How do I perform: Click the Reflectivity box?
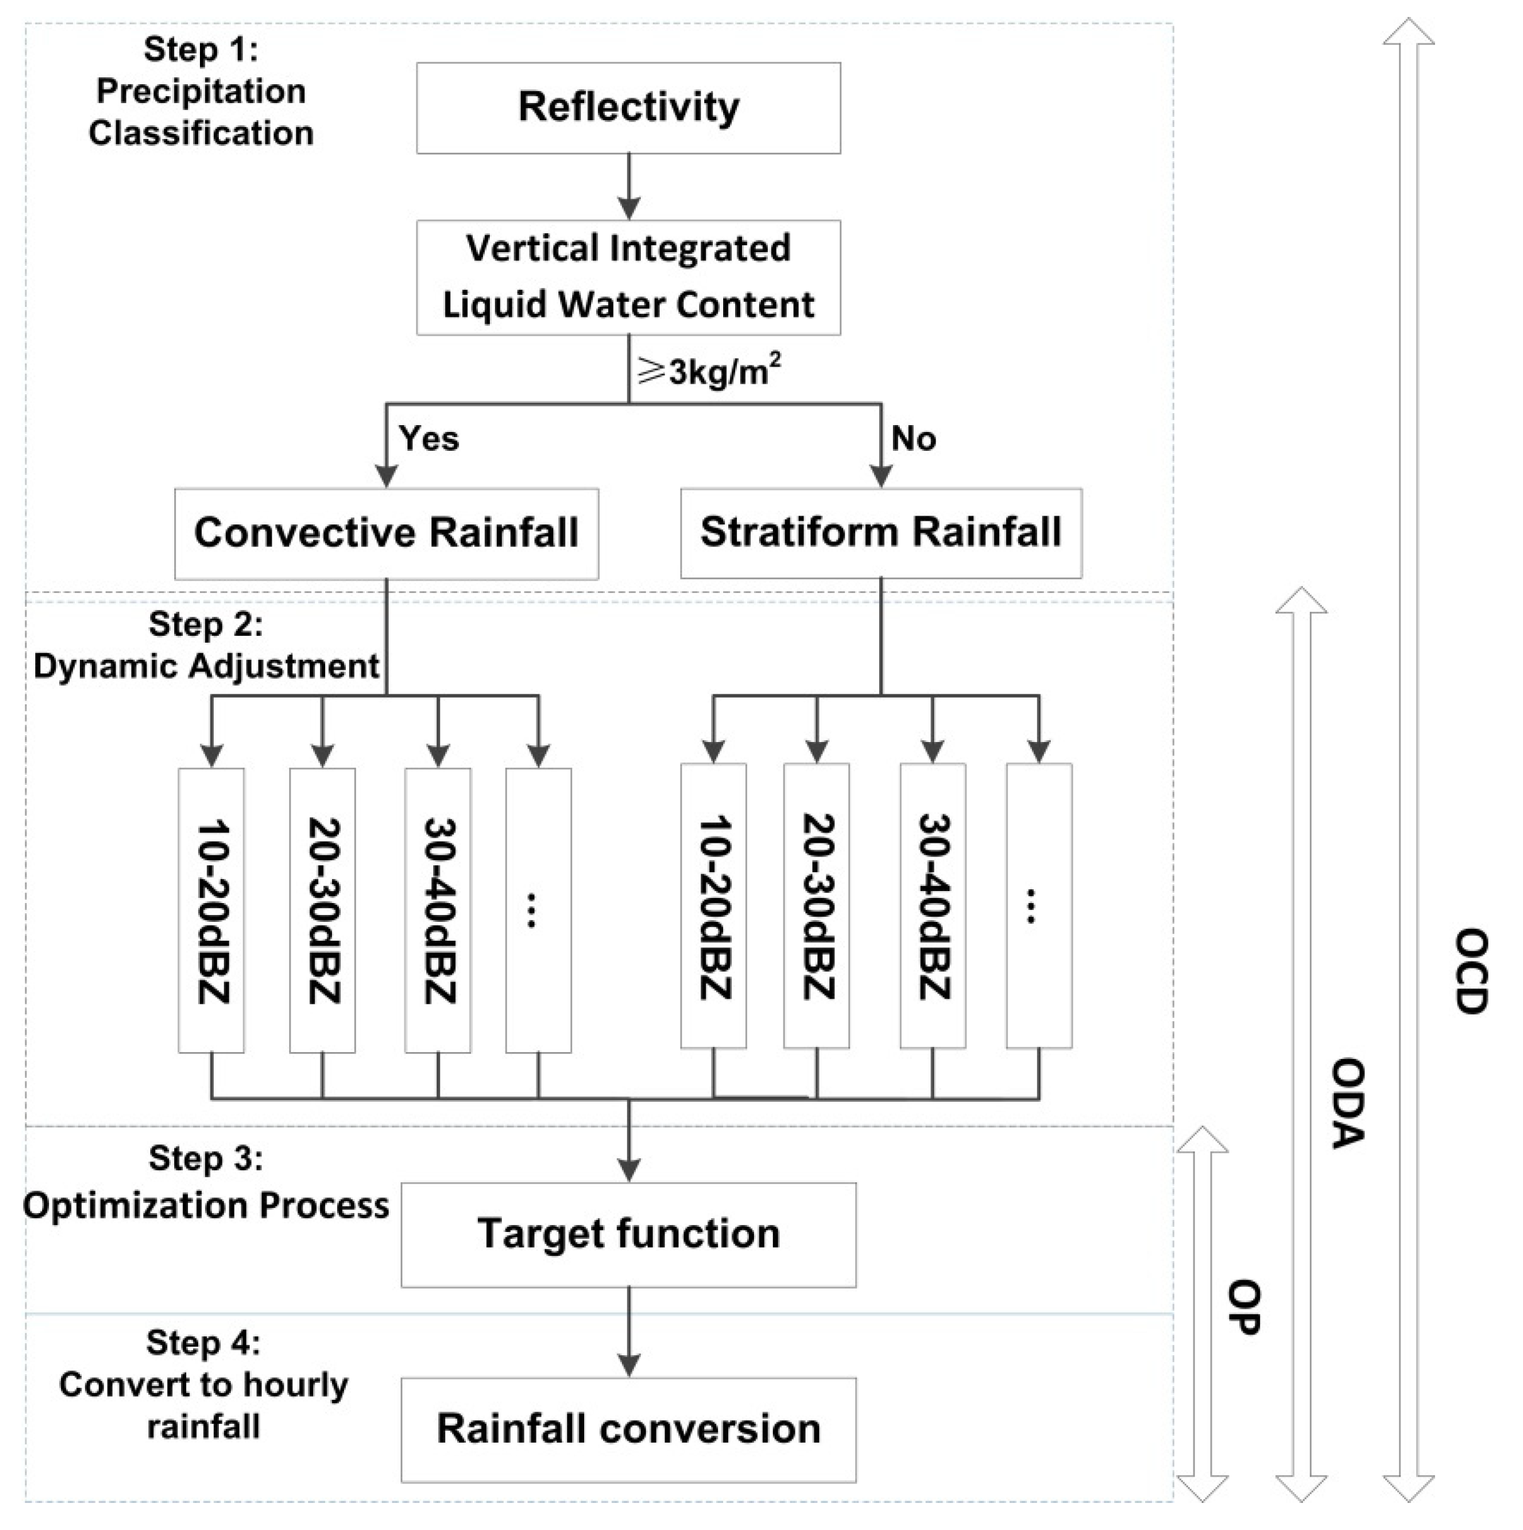pyautogui.click(x=628, y=108)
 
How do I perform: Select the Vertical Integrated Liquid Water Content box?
pyautogui.click(x=628, y=277)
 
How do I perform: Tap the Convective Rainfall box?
pyautogui.click(x=387, y=534)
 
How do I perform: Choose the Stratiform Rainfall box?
pyautogui.click(x=881, y=533)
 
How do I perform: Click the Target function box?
pyautogui.click(x=628, y=1234)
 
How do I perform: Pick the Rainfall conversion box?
pyautogui.click(x=628, y=1429)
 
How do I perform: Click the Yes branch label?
pyautogui.click(x=428, y=438)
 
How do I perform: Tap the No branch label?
pyautogui.click(x=913, y=438)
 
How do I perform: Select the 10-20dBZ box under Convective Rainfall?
pyautogui.click(x=211, y=910)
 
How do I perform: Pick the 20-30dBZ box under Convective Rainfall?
pyautogui.click(x=323, y=910)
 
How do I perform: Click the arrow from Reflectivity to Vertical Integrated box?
pyautogui.click(x=629, y=187)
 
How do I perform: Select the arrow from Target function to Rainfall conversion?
pyautogui.click(x=629, y=1332)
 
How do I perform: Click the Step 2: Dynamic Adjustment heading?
pyautogui.click(x=206, y=645)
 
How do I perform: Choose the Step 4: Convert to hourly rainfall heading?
pyautogui.click(x=204, y=1384)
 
